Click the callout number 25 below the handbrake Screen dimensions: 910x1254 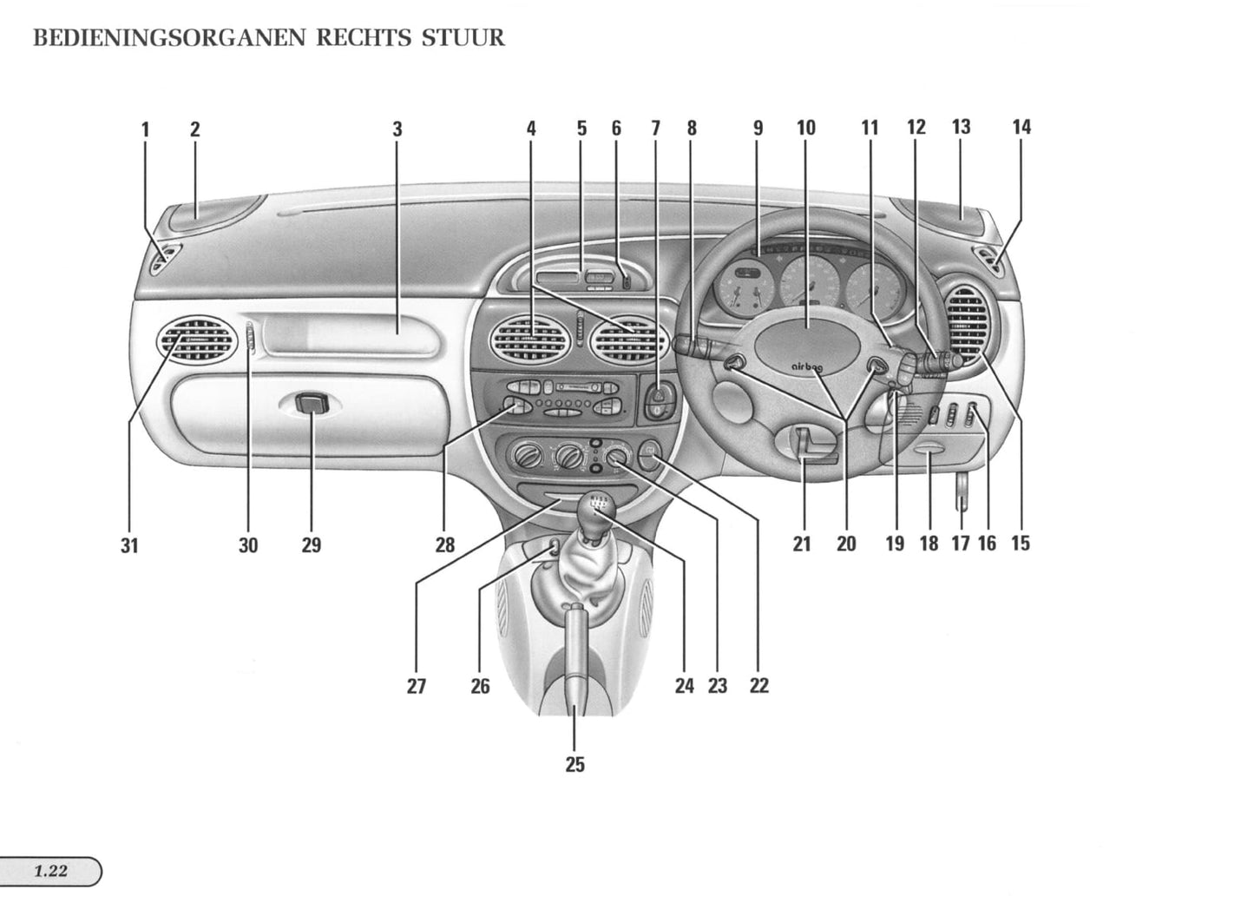(x=574, y=765)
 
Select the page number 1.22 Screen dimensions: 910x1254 (x=51, y=871)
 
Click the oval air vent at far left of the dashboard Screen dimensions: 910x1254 (x=196, y=339)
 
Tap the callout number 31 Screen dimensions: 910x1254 (x=129, y=545)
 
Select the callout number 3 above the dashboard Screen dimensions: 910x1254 (x=397, y=129)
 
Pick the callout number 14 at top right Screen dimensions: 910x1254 (x=1021, y=128)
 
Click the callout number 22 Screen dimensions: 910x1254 (x=758, y=686)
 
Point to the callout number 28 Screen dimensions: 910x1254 (x=444, y=545)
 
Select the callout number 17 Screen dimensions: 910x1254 (x=960, y=544)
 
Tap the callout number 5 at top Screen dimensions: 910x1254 (x=581, y=129)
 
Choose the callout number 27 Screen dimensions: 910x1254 (x=417, y=686)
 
